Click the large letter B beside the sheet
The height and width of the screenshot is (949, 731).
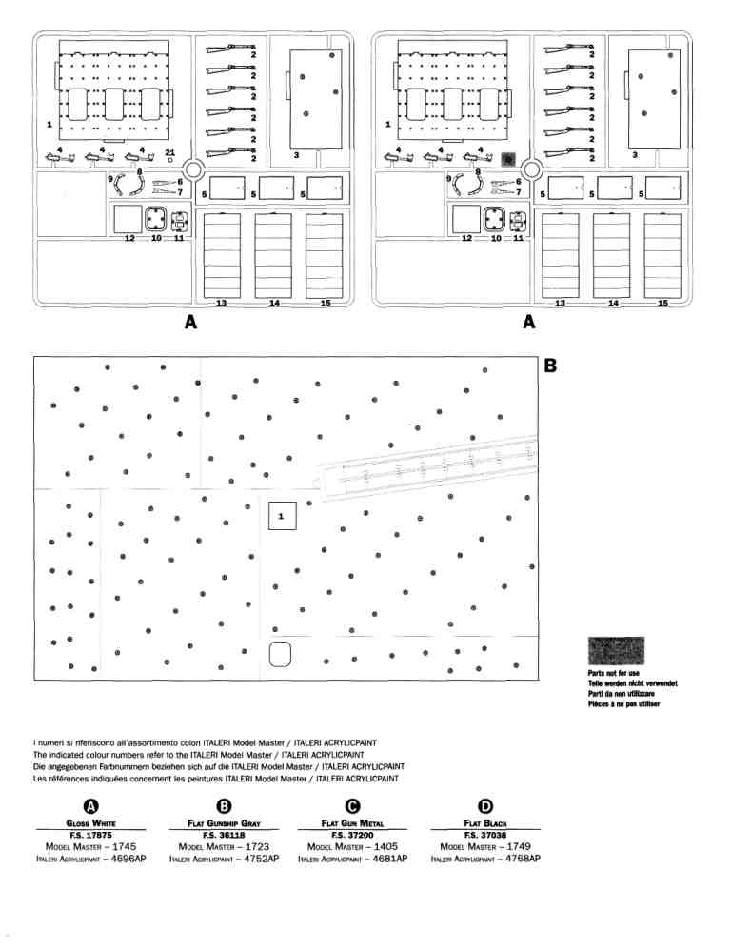point(551,366)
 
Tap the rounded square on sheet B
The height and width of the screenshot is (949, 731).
point(281,655)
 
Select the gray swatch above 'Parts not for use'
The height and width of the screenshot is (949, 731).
point(617,651)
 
